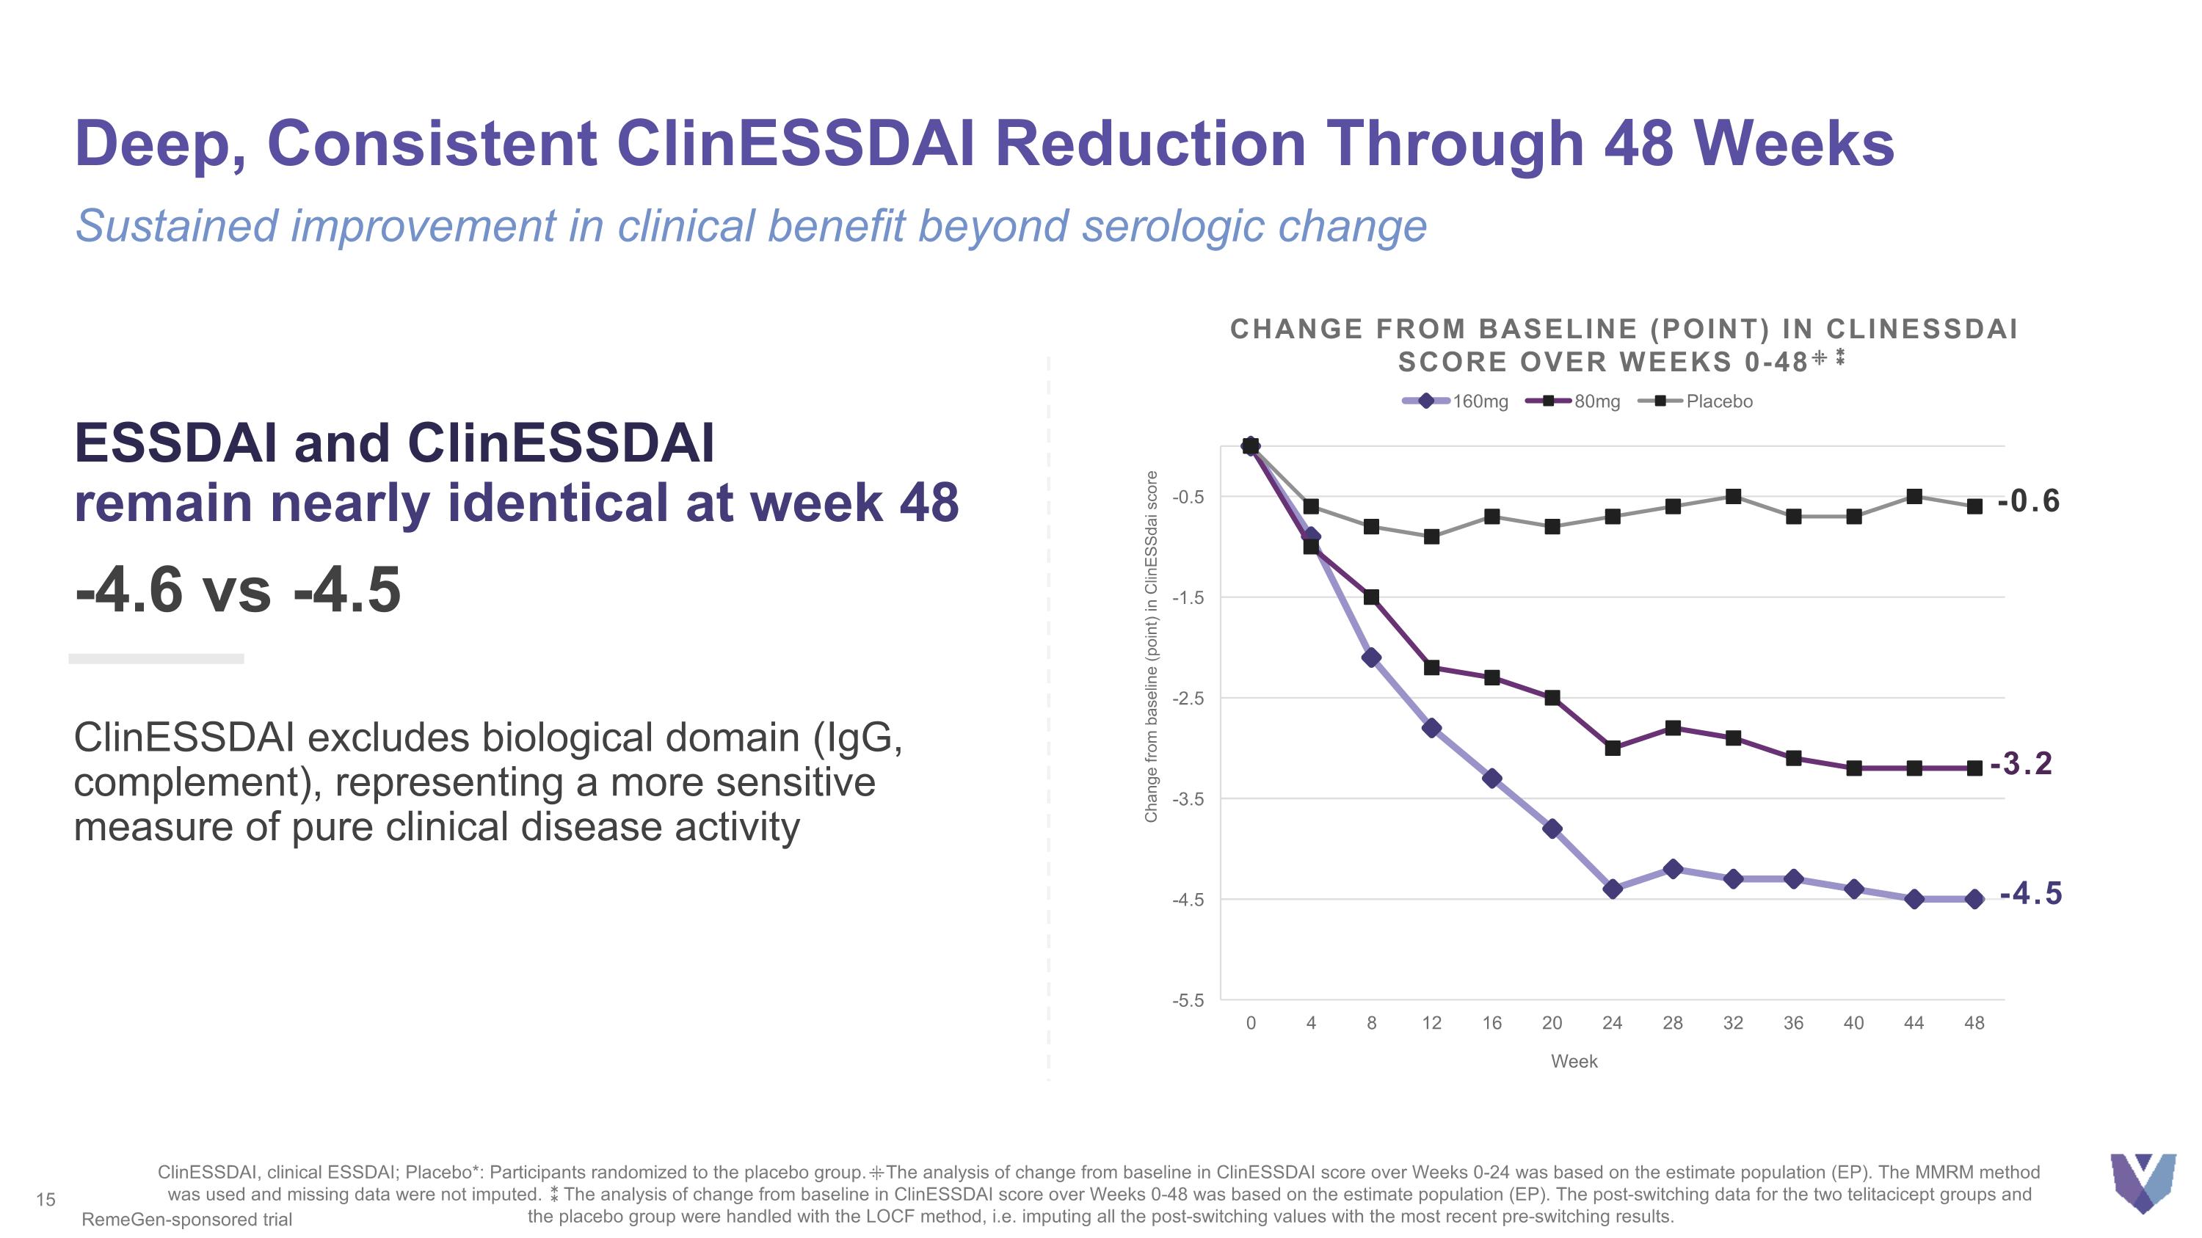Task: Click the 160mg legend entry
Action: click(1458, 401)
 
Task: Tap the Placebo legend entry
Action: click(1696, 401)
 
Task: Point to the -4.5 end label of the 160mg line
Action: click(2031, 894)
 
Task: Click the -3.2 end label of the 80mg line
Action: click(2021, 763)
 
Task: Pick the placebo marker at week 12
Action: click(1432, 536)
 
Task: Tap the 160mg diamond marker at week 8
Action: click(1371, 658)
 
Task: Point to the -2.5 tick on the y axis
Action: click(1188, 699)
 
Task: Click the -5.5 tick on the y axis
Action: click(1188, 1000)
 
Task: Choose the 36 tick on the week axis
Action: click(1793, 1023)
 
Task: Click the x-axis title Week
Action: click(1574, 1061)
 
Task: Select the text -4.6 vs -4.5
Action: click(238, 589)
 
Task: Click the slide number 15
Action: click(46, 1200)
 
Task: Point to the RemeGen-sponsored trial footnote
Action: click(186, 1219)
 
